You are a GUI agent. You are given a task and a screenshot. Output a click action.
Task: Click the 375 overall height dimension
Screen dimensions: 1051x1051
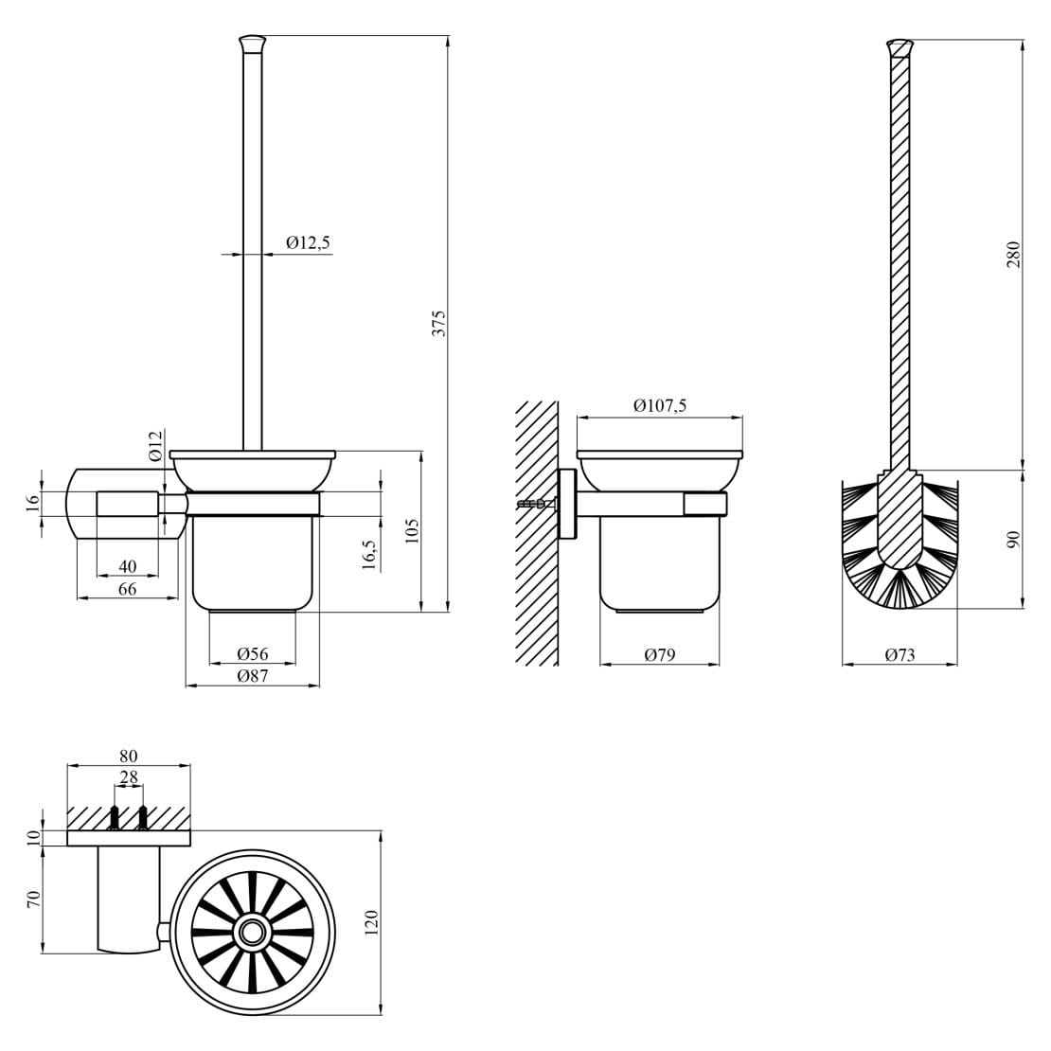point(438,323)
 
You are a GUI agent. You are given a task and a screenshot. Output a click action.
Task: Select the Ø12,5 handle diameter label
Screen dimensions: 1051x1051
point(308,243)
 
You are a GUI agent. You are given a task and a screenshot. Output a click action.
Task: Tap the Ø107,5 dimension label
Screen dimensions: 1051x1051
point(659,406)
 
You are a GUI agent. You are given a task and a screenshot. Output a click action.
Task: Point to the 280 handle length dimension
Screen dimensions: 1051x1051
point(1012,254)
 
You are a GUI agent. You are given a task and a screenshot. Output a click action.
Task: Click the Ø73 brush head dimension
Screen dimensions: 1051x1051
point(900,654)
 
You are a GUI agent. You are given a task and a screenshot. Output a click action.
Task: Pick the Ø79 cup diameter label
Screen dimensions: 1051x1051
point(659,654)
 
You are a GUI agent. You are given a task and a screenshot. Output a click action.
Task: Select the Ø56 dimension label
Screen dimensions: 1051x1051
point(253,653)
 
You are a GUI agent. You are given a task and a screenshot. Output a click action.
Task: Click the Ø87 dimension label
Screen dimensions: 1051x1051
point(253,675)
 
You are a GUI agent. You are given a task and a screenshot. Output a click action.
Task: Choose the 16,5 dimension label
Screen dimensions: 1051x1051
point(369,554)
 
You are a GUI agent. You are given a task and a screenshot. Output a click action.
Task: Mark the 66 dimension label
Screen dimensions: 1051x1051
point(127,589)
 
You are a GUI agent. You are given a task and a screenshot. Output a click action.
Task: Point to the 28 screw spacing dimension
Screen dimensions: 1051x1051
point(128,776)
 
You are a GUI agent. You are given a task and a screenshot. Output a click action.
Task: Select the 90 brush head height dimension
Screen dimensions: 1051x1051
point(1012,538)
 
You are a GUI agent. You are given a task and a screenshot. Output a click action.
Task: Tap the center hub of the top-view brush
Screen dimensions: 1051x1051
point(252,932)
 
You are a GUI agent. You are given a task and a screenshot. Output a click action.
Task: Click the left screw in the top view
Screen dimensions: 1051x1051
point(115,817)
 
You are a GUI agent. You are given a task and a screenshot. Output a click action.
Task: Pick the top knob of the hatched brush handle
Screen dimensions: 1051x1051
point(900,45)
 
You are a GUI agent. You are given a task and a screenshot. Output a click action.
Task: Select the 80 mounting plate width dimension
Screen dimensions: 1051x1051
point(128,756)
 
